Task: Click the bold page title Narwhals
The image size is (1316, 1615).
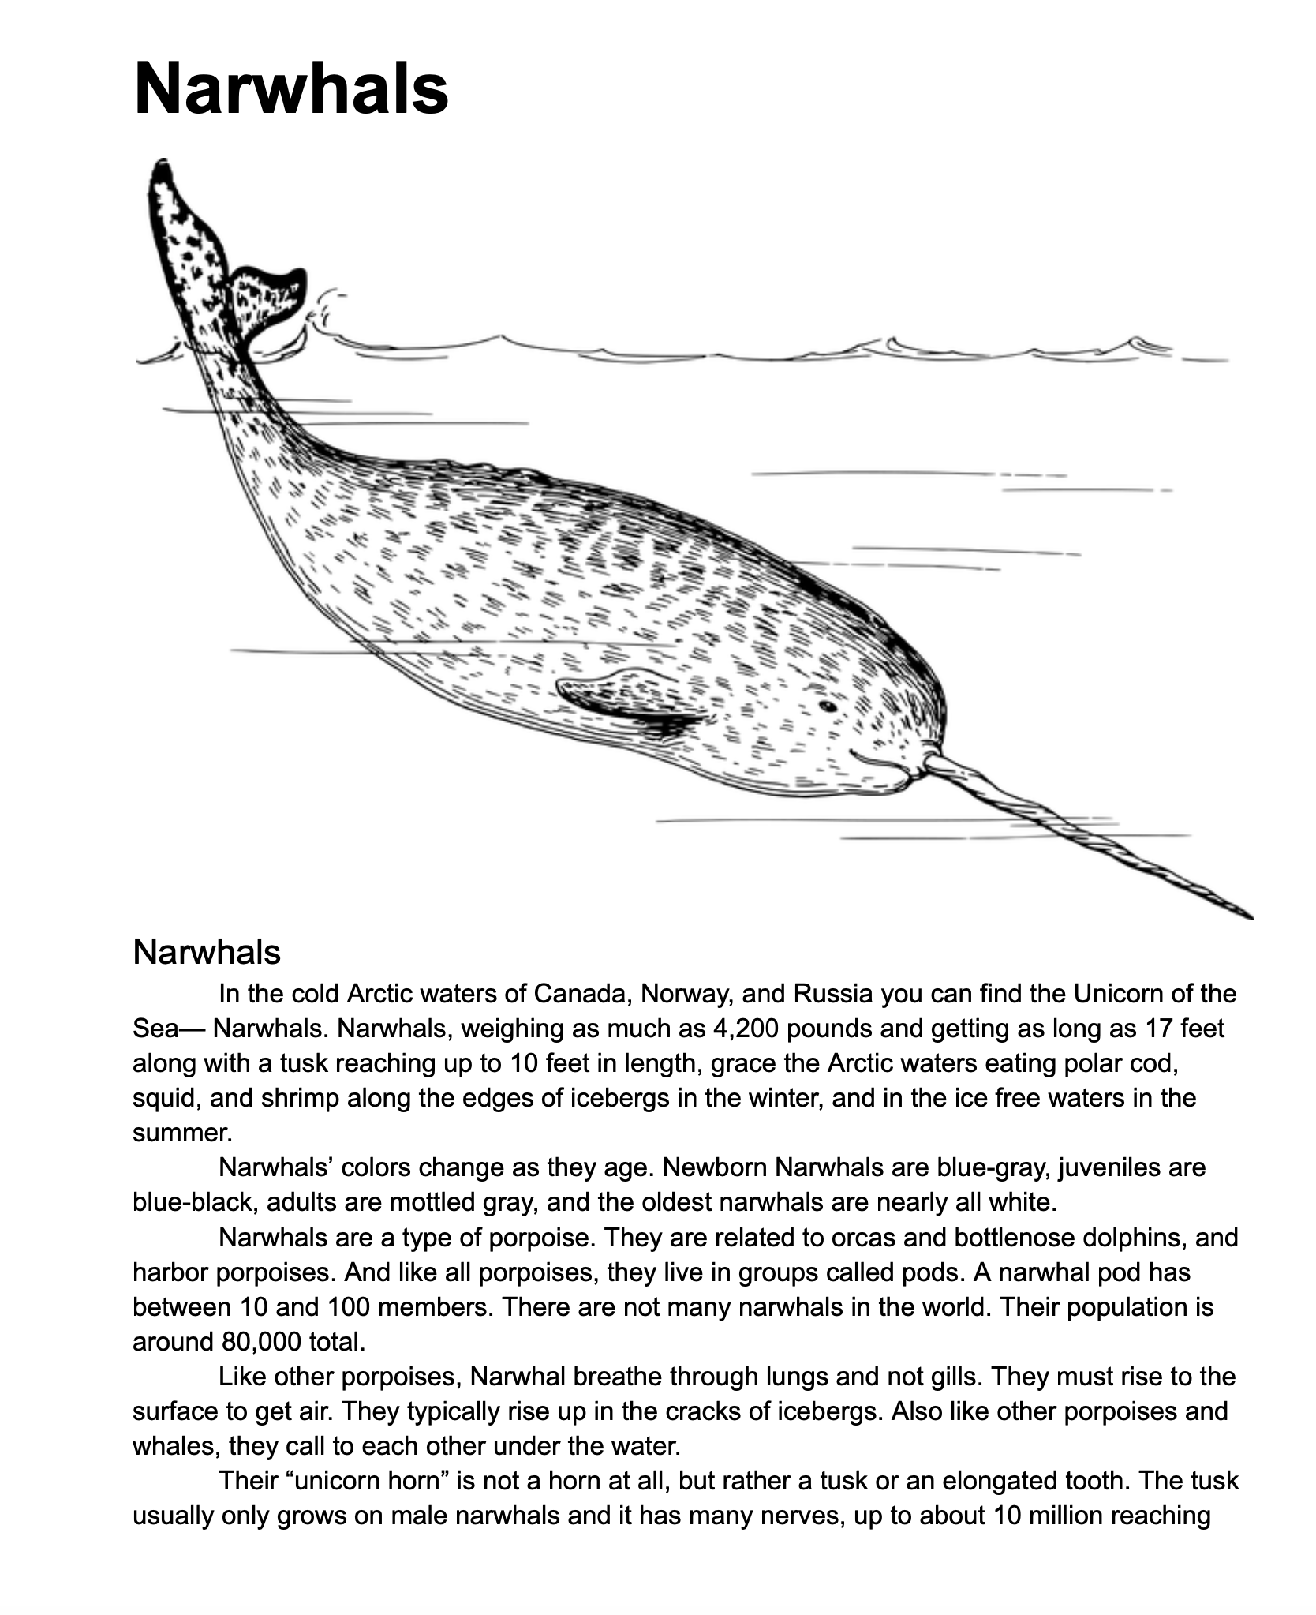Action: [291, 88]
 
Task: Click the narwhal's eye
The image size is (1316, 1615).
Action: [827, 706]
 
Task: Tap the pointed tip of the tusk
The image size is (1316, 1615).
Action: [1250, 917]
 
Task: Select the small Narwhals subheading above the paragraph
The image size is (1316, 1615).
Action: [207, 953]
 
